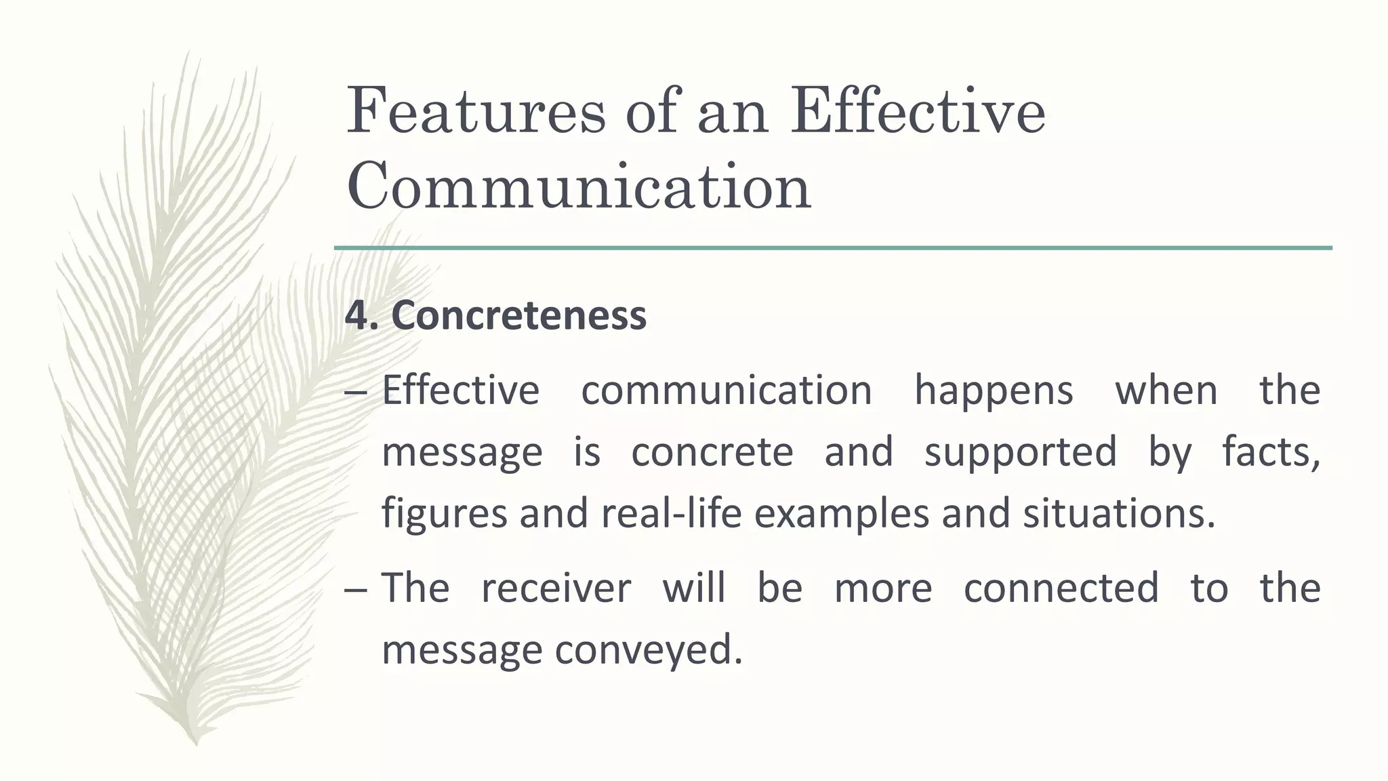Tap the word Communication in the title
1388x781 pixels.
[579, 186]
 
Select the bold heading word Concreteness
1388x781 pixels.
[519, 315]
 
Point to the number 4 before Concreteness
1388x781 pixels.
[358, 316]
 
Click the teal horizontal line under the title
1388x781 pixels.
[833, 248]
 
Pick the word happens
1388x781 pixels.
[994, 391]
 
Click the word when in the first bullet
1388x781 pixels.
[1166, 391]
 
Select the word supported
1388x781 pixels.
[1020, 453]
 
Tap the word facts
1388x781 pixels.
[1271, 452]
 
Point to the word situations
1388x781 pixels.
[1119, 513]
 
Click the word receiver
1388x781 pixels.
[556, 588]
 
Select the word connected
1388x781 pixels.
[1061, 588]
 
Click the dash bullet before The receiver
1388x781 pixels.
[356, 589]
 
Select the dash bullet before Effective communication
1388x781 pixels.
[356, 393]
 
